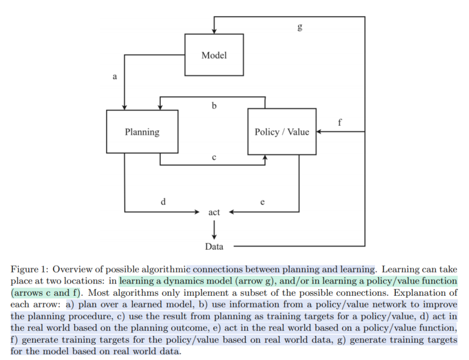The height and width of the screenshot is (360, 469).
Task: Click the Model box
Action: click(214, 55)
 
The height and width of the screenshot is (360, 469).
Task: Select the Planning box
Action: click(142, 132)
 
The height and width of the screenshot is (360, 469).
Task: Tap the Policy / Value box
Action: click(282, 132)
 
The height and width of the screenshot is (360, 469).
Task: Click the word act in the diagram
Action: click(214, 212)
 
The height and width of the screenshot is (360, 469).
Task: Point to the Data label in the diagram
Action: click(214, 246)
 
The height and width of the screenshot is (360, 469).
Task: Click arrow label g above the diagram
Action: click(300, 27)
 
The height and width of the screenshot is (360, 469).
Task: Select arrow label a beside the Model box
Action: click(115, 77)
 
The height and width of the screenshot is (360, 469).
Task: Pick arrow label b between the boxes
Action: click(214, 106)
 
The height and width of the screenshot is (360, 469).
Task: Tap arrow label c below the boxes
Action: click(214, 157)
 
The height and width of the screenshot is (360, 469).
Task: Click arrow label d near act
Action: click(163, 202)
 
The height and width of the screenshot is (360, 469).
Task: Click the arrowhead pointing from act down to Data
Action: click(214, 235)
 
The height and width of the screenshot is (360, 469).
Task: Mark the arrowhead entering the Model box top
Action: click(214, 31)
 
